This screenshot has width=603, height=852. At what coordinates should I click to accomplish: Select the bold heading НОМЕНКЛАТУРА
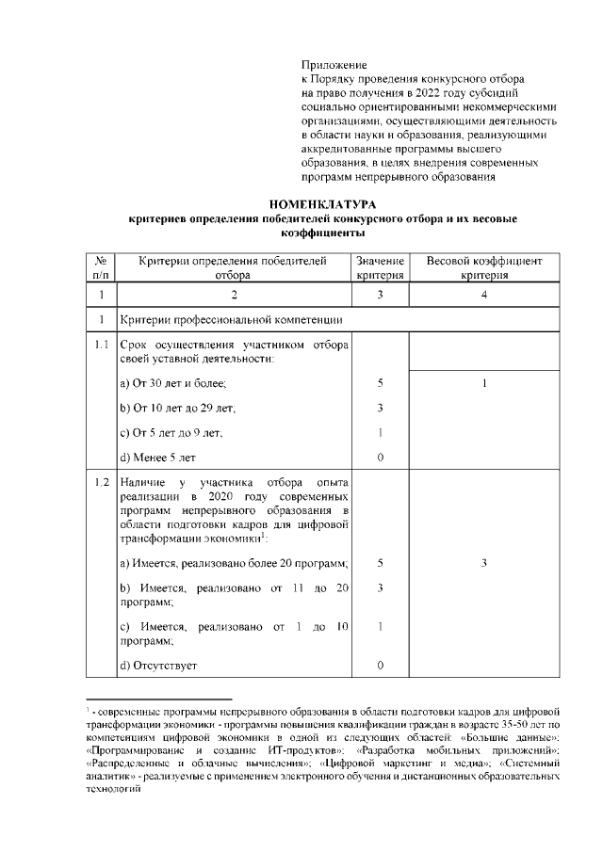[x=322, y=204]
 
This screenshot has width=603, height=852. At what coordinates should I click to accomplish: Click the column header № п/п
[x=101, y=267]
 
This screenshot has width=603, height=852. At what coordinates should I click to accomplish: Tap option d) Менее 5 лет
[x=158, y=457]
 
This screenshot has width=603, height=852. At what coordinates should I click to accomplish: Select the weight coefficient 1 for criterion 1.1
[x=484, y=383]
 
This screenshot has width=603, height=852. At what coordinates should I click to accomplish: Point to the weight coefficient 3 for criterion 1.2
[x=484, y=563]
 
